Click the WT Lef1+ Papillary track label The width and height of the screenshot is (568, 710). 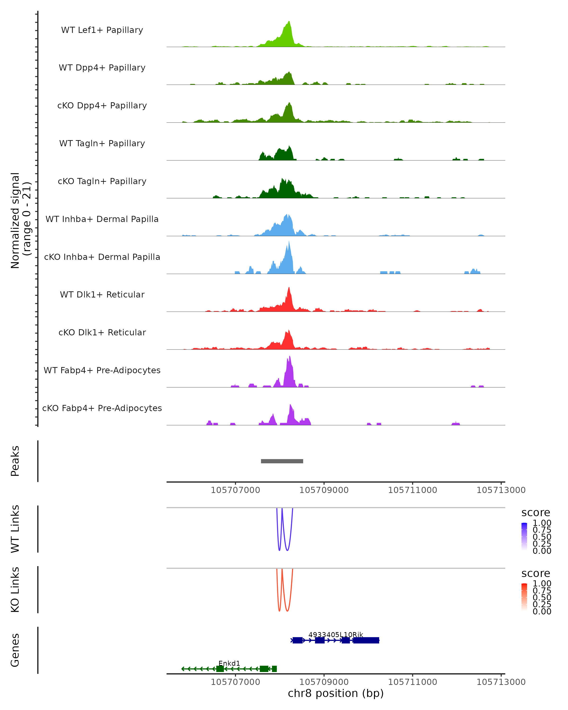pos(102,30)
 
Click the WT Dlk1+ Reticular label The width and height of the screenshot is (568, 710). pos(102,294)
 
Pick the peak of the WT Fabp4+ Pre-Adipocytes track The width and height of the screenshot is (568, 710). pos(290,357)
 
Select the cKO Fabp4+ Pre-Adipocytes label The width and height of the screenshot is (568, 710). pos(102,408)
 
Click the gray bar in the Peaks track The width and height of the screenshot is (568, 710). pos(282,461)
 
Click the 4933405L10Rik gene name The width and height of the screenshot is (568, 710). pos(336,635)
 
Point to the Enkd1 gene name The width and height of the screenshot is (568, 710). pos(229,663)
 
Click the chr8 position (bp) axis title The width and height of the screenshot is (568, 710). pos(336,693)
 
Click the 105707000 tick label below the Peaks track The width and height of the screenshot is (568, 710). pos(235,490)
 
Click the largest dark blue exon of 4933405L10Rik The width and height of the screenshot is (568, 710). pos(366,640)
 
